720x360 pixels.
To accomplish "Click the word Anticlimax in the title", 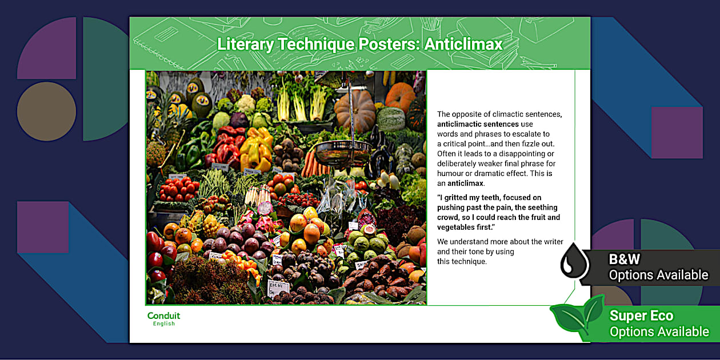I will click(463, 44).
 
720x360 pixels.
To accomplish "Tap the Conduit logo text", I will click(163, 315).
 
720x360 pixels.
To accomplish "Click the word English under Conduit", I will click(164, 324).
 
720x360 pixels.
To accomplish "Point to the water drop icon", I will click(574, 261).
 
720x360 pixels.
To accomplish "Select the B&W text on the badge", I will click(625, 259).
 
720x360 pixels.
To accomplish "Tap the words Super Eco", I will click(641, 315).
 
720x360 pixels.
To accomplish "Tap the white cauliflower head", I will click(246, 104).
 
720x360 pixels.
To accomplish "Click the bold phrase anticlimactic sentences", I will click(478, 124).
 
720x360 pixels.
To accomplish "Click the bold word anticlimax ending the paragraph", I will click(465, 183).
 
